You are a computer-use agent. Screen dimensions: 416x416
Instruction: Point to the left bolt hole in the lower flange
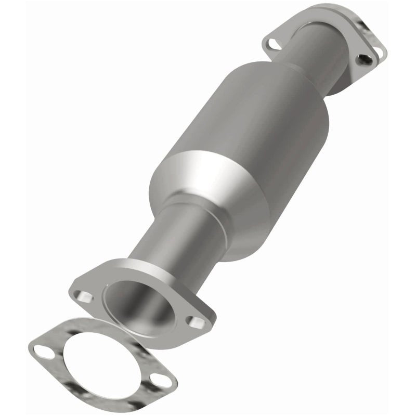point(83,297)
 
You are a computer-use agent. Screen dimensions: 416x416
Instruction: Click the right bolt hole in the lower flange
point(196,323)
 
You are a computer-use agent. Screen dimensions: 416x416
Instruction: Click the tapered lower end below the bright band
point(244,224)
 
